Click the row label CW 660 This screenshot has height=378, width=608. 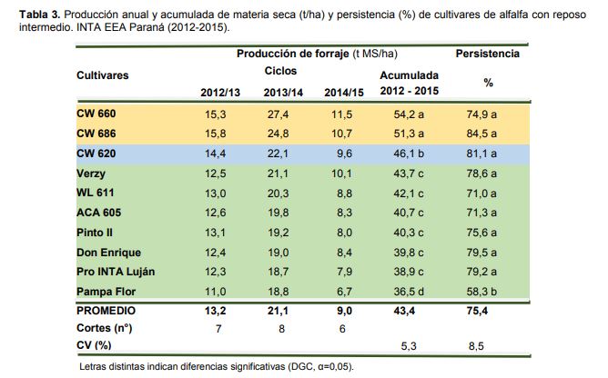click(x=96, y=114)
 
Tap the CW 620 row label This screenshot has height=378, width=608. click(x=96, y=154)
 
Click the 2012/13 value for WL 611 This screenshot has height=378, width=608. click(x=218, y=193)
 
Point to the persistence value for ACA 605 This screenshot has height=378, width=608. click(x=488, y=213)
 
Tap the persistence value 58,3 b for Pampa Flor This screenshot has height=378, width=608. click(x=488, y=291)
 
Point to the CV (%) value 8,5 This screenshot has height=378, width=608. click(x=488, y=346)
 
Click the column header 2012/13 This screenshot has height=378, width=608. click(x=218, y=93)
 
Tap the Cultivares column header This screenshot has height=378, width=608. click(x=103, y=74)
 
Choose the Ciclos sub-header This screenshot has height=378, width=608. click(x=280, y=71)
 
